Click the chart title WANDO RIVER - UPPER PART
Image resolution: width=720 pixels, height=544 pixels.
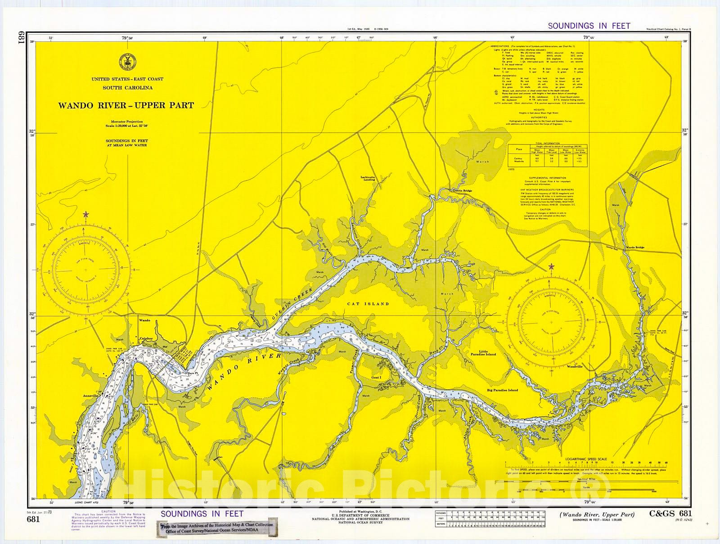[126, 106]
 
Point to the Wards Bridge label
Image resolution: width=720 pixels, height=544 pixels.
[634, 248]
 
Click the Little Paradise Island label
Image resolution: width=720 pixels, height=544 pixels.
[487, 353]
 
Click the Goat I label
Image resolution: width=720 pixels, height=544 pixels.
[376, 378]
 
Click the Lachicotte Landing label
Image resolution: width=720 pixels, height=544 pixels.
[368, 178]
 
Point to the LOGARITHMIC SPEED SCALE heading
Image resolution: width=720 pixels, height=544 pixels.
[586, 459]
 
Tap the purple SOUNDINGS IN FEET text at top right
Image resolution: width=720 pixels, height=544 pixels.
[589, 26]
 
